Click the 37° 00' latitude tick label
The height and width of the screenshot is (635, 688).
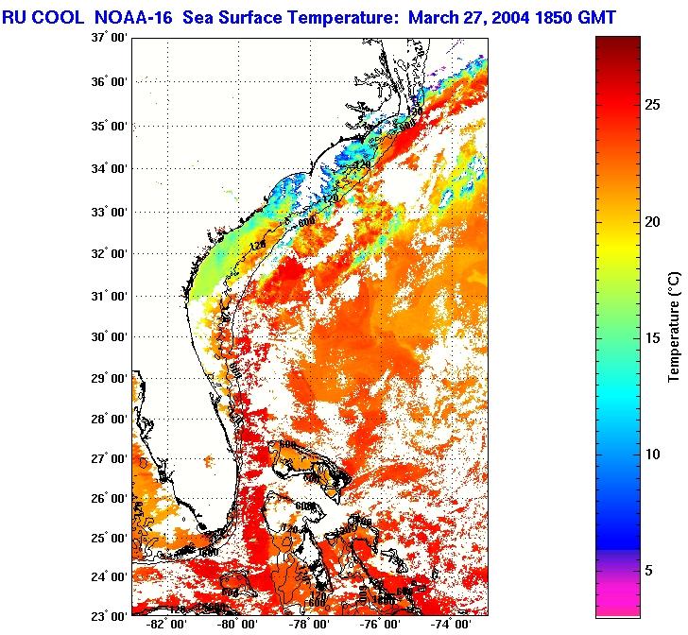109,38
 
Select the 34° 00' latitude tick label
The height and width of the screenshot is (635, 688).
109,168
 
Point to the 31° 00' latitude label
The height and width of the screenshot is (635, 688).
109,296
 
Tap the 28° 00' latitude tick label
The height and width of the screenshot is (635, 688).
109,420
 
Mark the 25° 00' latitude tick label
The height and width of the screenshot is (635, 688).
109,539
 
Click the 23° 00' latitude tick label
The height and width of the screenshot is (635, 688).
109,615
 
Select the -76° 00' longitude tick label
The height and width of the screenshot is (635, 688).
380,625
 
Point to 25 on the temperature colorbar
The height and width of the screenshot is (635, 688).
652,105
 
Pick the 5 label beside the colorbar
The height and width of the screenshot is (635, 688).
648,570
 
